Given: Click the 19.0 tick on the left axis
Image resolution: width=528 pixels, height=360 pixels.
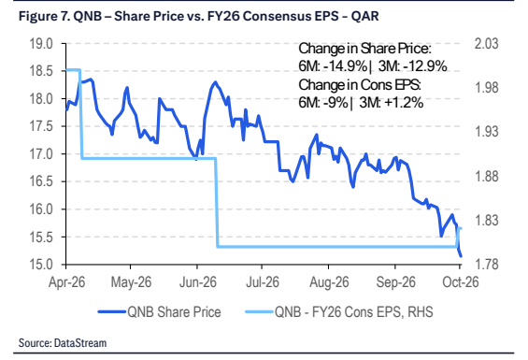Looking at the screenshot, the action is pos(41,44).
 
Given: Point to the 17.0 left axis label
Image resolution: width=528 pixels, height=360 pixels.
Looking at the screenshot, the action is pos(41,154).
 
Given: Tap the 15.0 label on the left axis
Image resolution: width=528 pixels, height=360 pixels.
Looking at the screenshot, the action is pos(41,265).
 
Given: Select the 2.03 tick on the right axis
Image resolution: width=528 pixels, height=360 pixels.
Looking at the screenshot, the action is pos(486,44).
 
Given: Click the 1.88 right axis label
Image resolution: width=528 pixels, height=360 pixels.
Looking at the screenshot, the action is pos(486,176).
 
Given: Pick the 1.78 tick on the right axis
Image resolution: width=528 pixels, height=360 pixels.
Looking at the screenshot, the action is pos(486,265).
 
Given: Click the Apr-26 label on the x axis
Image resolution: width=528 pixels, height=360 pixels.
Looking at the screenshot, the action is pos(66,281).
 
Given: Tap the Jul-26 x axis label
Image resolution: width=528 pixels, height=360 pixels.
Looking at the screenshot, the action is pos(263,281).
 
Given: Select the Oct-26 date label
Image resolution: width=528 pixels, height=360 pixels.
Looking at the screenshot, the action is pos(461,281).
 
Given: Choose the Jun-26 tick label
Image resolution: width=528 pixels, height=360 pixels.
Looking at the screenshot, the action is pos(198,281).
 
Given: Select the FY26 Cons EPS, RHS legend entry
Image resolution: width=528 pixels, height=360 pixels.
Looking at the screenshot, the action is pos(353,312).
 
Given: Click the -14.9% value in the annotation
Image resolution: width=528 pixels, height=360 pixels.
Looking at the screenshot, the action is pos(345,66).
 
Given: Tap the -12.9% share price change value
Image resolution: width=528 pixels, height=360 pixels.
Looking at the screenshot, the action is pos(424,66).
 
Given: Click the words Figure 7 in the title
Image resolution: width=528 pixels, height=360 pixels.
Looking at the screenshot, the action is pos(43,16).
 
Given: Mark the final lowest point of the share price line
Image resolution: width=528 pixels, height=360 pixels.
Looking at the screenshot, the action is pos(461,256).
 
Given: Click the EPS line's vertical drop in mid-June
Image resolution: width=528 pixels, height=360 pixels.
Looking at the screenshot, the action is pos(217,202).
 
